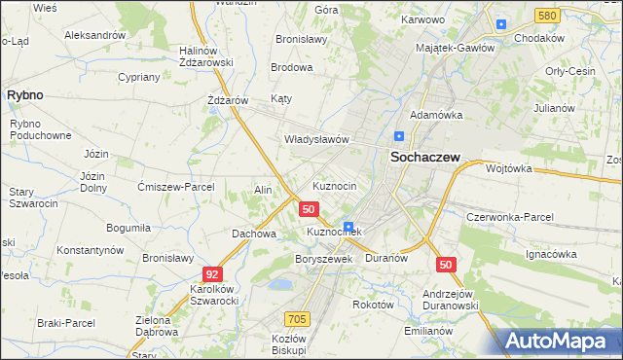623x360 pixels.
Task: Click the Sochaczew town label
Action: pos(424,156)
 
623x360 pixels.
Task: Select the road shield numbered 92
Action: pos(213,275)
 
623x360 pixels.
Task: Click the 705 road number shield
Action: pos(298,318)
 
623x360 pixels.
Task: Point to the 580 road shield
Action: pos(547,16)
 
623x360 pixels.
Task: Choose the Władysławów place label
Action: pos(316,139)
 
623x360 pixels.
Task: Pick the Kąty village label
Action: pos(281,98)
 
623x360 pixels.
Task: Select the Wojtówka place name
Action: pos(508,167)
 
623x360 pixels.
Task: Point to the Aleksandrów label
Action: pos(95,34)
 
